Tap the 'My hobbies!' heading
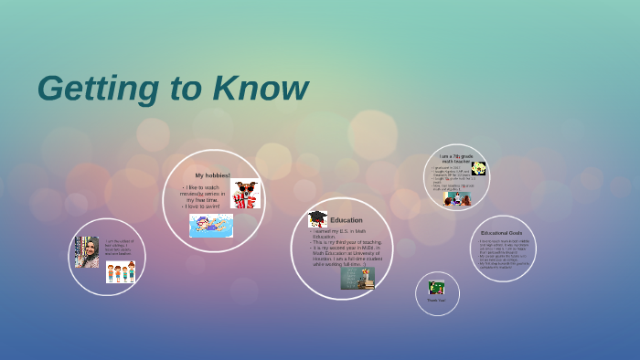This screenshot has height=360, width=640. pyautogui.click(x=212, y=175)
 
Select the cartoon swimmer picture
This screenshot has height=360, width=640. pyautogui.click(x=211, y=226)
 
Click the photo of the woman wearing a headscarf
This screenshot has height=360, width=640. pyautogui.click(x=87, y=252)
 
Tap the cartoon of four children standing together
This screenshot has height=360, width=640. pyautogui.click(x=120, y=271)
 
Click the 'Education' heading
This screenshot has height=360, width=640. pyautogui.click(x=347, y=220)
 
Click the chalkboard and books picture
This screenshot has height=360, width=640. pyautogui.click(x=357, y=278)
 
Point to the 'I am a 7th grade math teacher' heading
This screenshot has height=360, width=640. pyautogui.click(x=456, y=158)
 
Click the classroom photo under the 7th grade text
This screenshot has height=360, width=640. pyautogui.click(x=457, y=198)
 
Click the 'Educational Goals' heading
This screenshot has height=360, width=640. pyautogui.click(x=501, y=233)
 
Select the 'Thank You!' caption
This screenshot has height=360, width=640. pyautogui.click(x=436, y=300)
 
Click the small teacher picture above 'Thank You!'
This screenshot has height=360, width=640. pyautogui.click(x=436, y=287)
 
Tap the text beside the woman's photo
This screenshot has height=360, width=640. pyautogui.click(x=119, y=247)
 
